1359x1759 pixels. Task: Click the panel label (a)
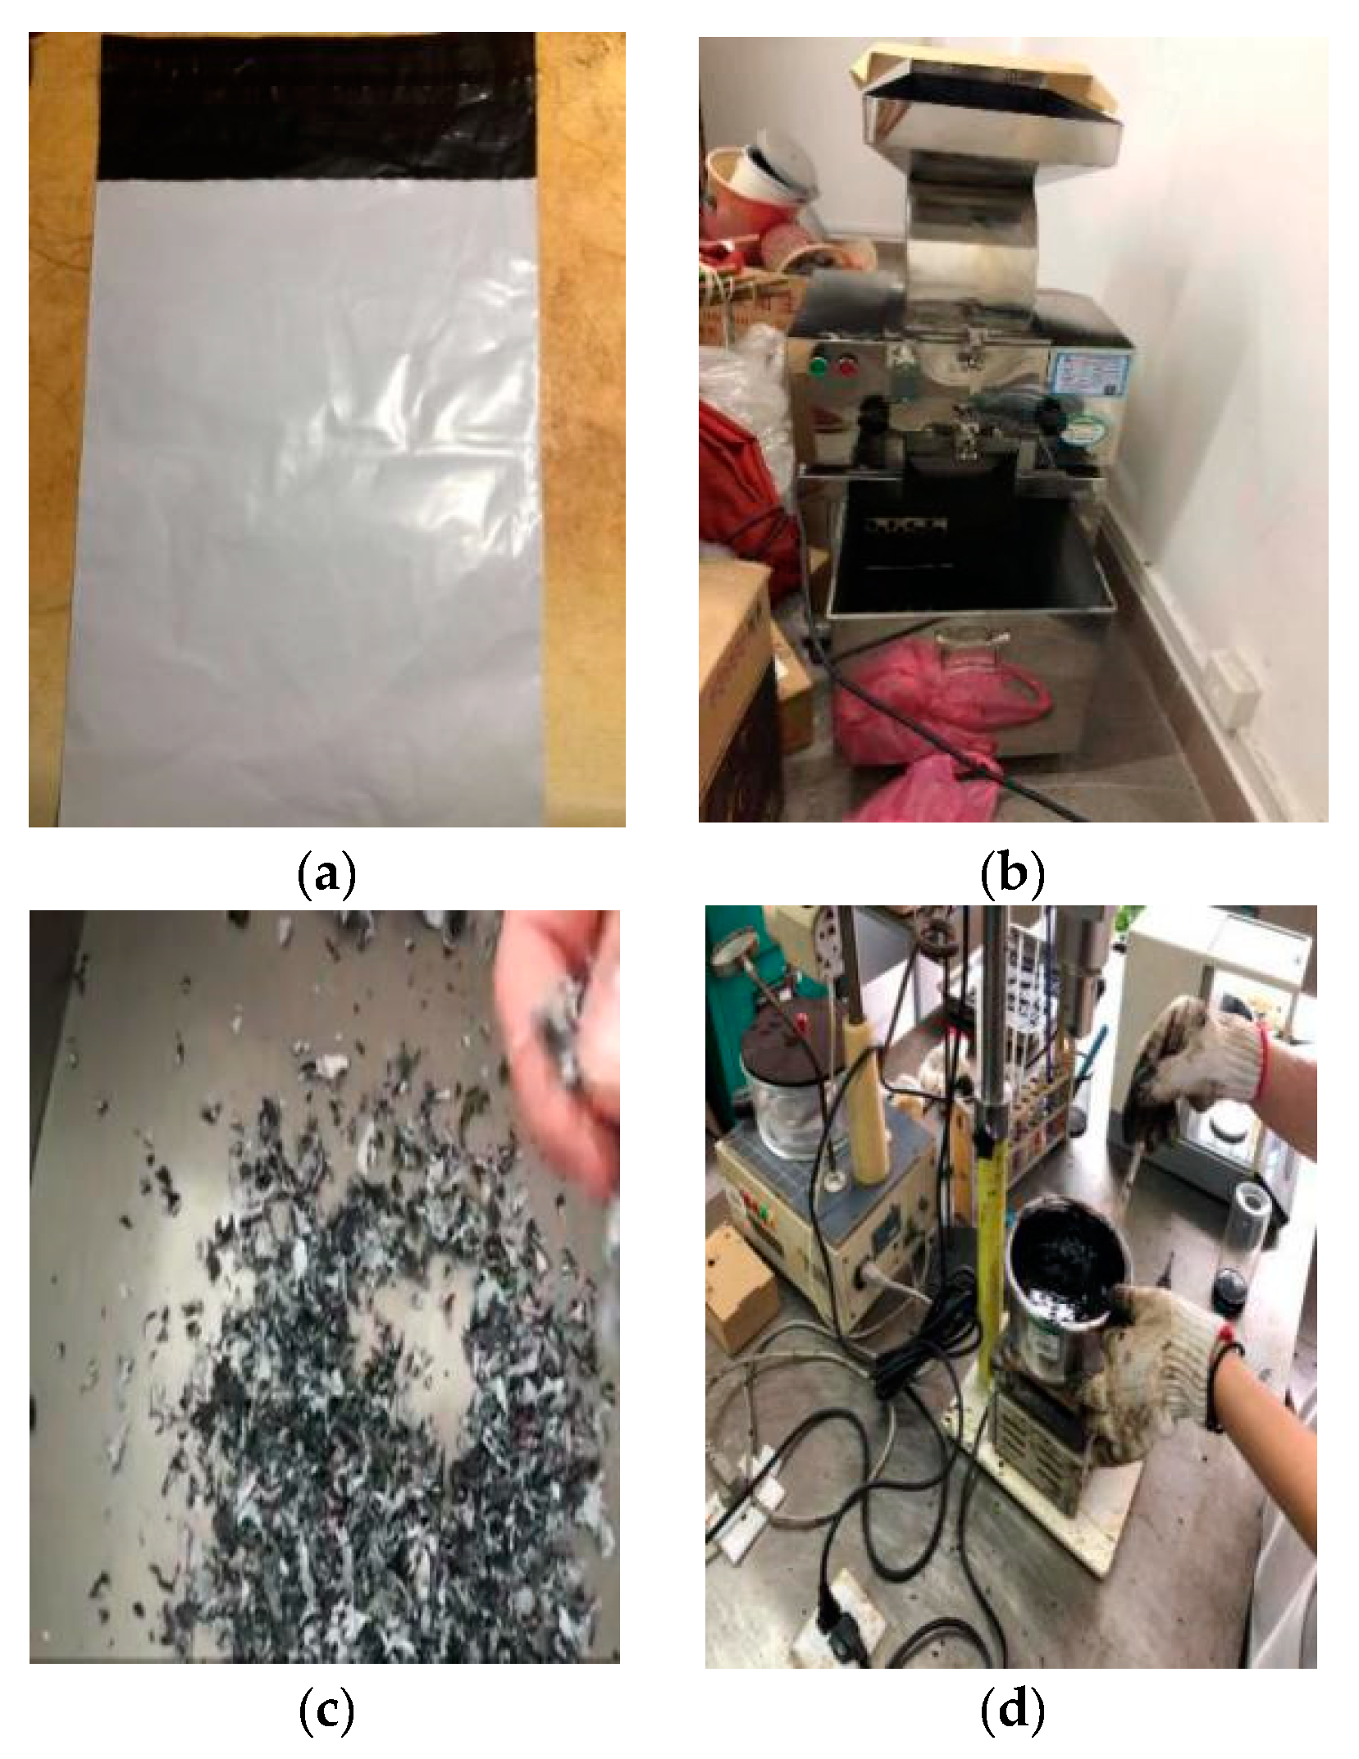point(326,875)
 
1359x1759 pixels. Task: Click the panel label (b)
point(1013,875)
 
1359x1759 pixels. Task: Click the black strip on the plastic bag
point(317,107)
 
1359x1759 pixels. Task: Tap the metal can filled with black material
point(1066,1300)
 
